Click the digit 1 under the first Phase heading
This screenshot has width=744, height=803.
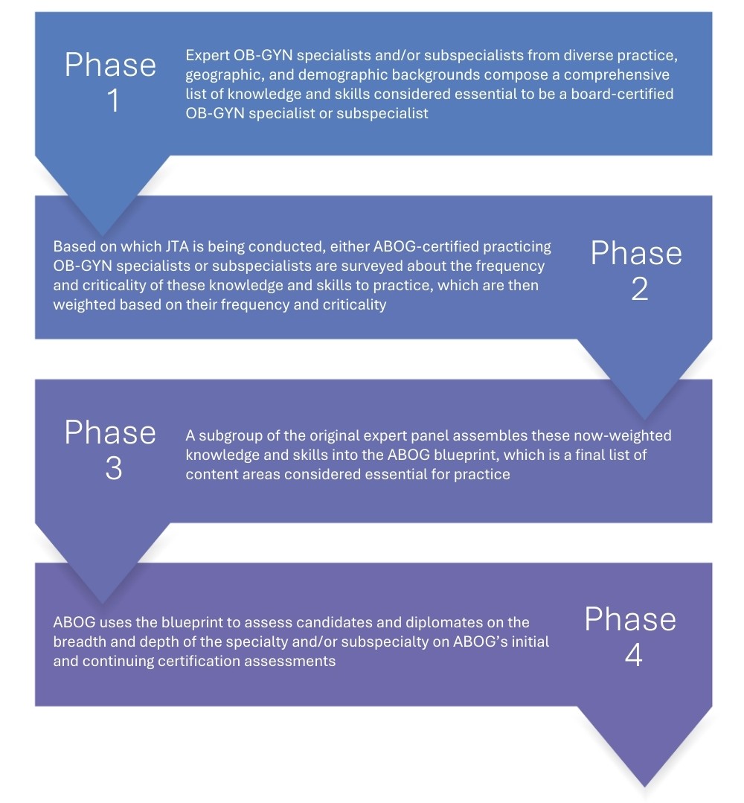(x=112, y=101)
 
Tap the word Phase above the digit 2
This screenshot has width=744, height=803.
(x=635, y=254)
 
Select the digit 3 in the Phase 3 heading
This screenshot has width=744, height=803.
(x=113, y=469)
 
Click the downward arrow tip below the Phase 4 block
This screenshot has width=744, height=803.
(x=644, y=785)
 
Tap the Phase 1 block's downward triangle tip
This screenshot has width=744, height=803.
(x=103, y=234)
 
